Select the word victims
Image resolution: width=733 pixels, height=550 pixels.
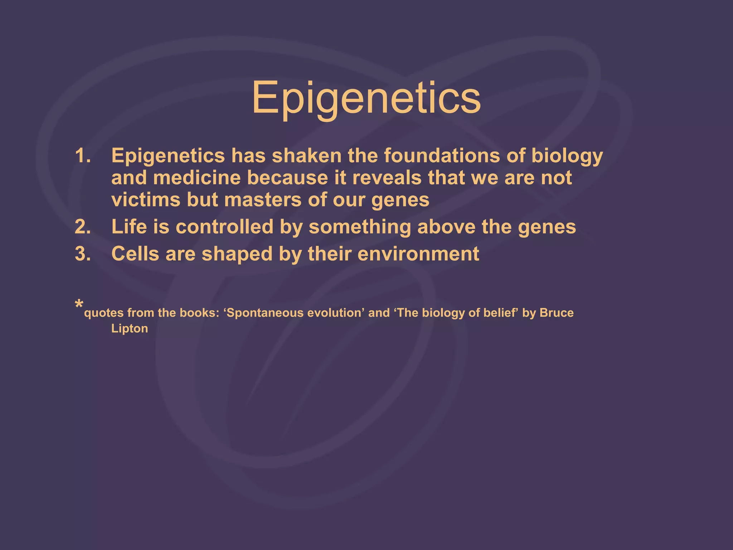pos(146,200)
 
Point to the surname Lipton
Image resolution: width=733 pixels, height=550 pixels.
pos(130,328)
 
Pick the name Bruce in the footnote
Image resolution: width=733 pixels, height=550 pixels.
pos(557,313)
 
